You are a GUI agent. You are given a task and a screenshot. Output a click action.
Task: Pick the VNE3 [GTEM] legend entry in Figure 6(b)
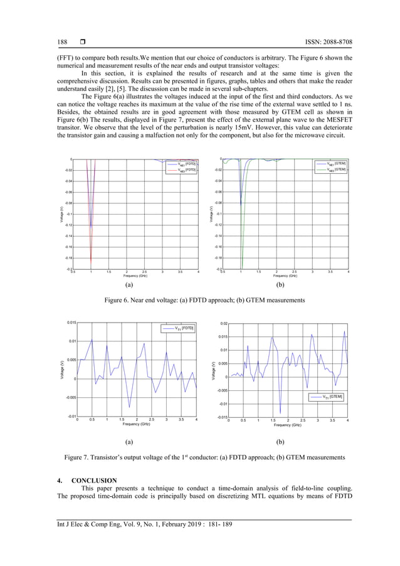335,169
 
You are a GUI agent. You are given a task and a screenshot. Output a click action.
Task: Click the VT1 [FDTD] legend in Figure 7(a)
182,328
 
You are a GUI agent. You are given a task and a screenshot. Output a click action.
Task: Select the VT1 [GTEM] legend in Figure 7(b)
329,397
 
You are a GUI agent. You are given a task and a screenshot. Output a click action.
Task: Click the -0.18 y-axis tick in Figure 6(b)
218,258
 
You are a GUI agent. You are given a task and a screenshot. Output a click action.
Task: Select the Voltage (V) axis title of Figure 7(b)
214,370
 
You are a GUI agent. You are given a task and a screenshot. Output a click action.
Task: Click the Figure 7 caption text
200,458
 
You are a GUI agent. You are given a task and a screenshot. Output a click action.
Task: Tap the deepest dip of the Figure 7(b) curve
280,412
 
